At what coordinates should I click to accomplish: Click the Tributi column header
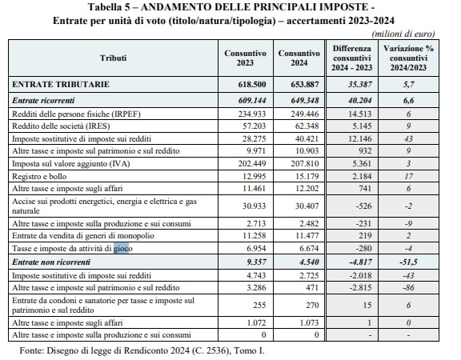click(113, 58)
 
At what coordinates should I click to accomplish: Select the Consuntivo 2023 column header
click(245, 58)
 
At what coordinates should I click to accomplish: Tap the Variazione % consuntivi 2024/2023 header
click(408, 58)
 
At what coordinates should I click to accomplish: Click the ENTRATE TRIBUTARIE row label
click(61, 84)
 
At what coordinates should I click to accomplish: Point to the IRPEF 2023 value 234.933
click(251, 114)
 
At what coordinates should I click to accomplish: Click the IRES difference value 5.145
click(362, 126)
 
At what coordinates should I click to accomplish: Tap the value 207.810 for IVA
click(305, 163)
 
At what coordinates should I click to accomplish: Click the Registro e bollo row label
click(39, 176)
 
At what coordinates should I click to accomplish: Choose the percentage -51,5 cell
click(408, 262)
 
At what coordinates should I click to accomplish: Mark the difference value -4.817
click(360, 262)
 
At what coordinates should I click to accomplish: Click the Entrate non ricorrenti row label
click(51, 262)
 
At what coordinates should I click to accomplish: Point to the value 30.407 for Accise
click(307, 206)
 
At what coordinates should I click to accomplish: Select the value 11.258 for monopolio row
click(254, 236)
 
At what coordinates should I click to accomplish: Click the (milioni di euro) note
click(403, 34)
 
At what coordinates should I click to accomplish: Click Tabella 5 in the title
click(109, 7)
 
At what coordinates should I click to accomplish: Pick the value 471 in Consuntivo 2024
click(312, 287)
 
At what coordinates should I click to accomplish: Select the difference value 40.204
click(360, 101)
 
